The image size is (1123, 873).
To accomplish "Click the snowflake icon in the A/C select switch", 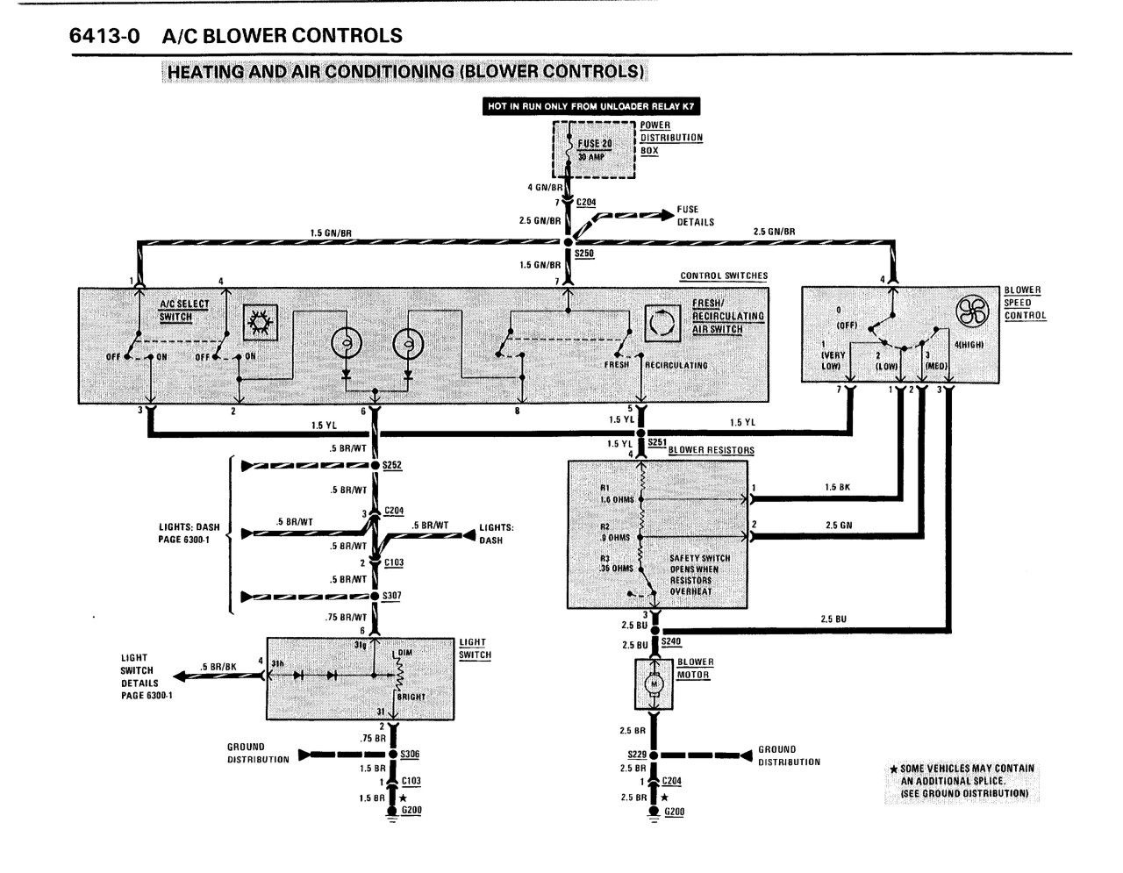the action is click(260, 322).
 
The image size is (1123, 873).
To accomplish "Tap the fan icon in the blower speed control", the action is click(971, 311).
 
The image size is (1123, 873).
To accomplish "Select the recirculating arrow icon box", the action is click(662, 324).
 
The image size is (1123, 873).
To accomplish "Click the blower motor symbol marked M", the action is click(654, 684).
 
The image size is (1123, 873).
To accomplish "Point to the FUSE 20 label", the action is click(594, 143).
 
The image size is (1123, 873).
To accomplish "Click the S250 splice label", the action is click(584, 253).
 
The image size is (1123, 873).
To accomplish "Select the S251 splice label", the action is click(657, 442).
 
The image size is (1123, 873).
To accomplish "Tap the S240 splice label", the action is click(671, 641).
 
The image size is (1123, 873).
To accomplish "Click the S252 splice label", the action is click(391, 465).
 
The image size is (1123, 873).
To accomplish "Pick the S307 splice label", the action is click(391, 596).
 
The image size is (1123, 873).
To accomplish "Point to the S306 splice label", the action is click(410, 754).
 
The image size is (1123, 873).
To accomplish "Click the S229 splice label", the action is click(637, 755).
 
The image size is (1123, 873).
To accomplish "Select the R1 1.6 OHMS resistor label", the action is click(617, 493).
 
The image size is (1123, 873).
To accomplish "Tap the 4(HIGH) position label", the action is click(969, 345).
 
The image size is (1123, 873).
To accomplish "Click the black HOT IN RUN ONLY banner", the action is click(591, 106).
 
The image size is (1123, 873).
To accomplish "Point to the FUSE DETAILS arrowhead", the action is click(668, 215).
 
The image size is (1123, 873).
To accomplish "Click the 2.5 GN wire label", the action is click(839, 526).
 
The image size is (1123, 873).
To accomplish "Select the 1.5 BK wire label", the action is click(837, 487).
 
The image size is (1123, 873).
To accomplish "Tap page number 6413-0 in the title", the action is click(104, 36).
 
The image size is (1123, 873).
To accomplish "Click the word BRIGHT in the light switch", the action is click(411, 697).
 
